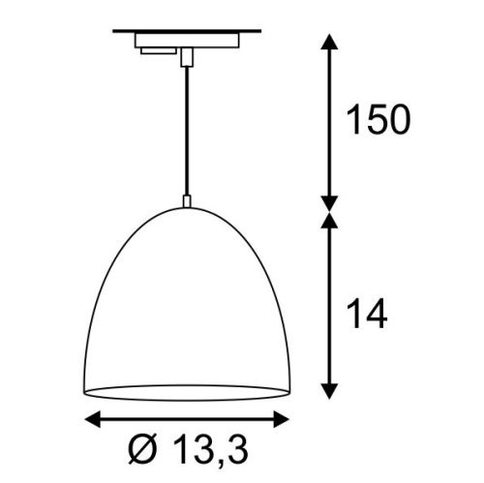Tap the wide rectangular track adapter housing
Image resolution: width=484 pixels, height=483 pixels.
pyautogui.click(x=188, y=44)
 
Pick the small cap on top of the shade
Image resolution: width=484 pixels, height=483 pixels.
pyautogui.click(x=186, y=200)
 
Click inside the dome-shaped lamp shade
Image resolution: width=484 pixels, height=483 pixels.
pyautogui.click(x=186, y=310)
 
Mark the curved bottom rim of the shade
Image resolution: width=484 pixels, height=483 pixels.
pyautogui.click(x=186, y=395)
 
